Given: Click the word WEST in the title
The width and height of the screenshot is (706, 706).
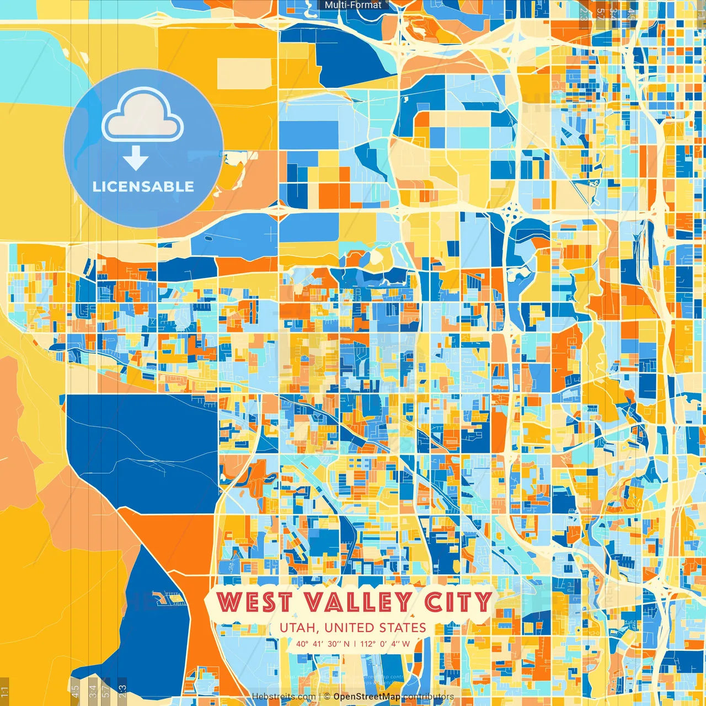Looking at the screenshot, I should tap(254, 602).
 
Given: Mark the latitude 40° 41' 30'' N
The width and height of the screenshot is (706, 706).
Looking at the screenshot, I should tap(322, 643).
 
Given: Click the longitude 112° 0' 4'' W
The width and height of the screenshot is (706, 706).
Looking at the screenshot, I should tap(385, 643).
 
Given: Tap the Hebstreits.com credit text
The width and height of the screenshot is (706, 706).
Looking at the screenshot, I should tap(284, 697).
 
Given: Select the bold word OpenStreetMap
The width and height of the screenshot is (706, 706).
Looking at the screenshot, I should tap(367, 697).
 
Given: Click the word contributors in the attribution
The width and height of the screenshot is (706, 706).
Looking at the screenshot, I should tap(428, 697).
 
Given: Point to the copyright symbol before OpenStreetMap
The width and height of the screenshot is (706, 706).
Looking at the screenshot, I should tap(327, 697).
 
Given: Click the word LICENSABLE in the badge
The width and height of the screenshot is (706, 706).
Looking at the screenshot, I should tap(143, 186).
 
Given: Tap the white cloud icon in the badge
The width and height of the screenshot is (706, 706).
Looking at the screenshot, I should tap(142, 117).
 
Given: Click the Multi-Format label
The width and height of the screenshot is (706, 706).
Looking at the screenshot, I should tap(353, 5).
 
